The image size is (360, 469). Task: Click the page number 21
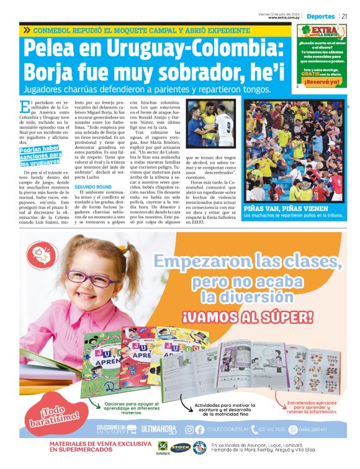point(344,16)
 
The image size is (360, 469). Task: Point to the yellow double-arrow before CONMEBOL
point(26,30)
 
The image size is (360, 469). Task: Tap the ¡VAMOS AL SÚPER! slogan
point(248,318)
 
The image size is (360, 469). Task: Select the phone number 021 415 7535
point(271,429)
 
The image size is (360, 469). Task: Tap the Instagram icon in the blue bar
point(189,429)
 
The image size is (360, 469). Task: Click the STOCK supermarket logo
point(180,447)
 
